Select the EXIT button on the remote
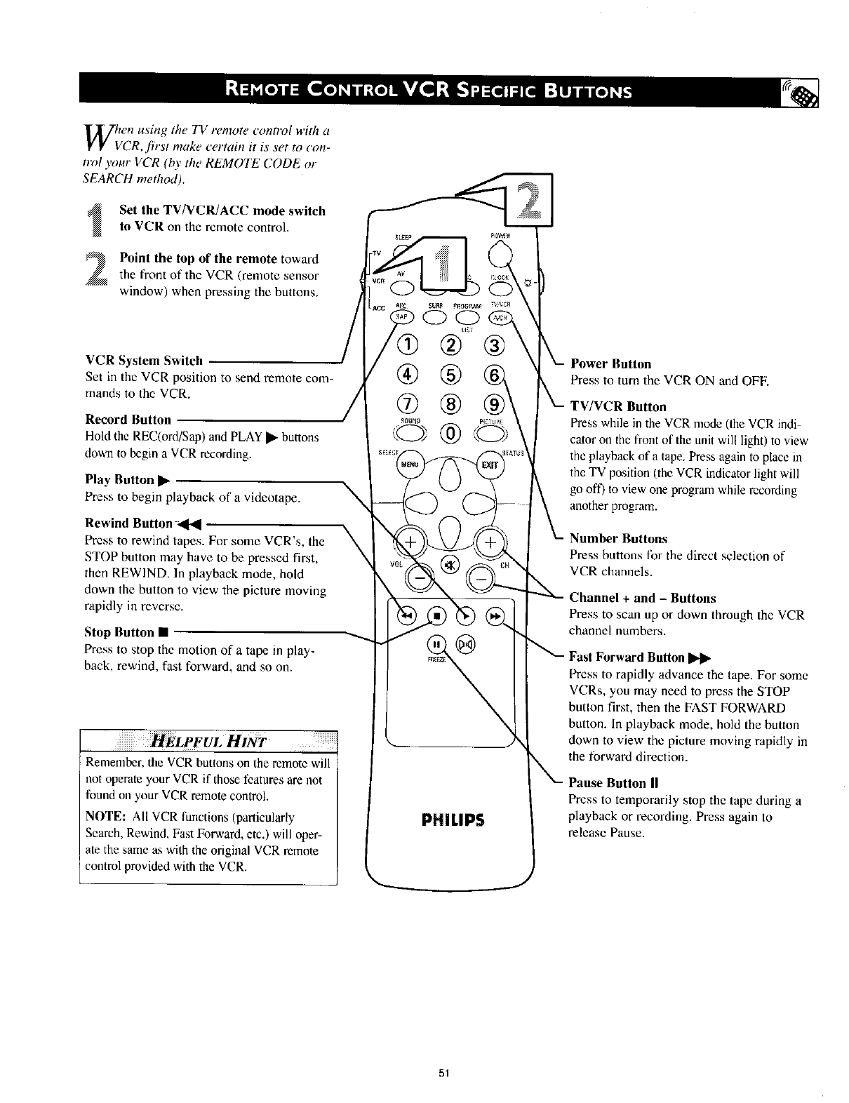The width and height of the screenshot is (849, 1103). pos(488,464)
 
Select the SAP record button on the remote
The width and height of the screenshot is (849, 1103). pos(403,318)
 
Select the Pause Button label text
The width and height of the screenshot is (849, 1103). pos(607,782)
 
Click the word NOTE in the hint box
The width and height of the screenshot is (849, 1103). pos(105,817)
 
